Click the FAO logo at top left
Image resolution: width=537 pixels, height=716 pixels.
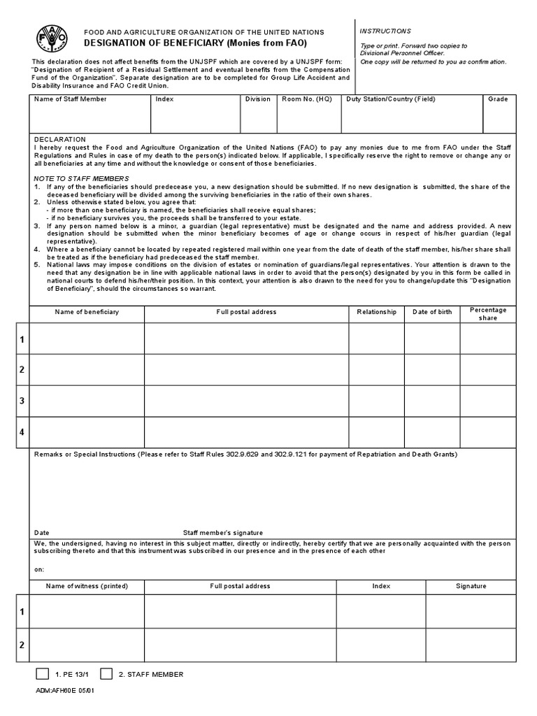click(x=49, y=38)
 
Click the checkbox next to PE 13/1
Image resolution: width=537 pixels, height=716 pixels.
click(x=42, y=674)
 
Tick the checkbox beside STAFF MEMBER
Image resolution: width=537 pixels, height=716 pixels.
click(x=106, y=674)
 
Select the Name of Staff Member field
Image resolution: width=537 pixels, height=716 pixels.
click(x=90, y=118)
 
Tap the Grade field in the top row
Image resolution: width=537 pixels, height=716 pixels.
click(x=499, y=118)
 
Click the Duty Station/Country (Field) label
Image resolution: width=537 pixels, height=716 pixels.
click(x=390, y=99)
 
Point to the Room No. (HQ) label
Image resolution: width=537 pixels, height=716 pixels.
click(x=306, y=99)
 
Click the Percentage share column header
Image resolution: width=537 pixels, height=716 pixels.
click(x=487, y=314)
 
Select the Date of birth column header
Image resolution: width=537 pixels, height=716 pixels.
click(x=432, y=312)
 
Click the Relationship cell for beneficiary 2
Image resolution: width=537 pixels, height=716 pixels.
click(x=376, y=369)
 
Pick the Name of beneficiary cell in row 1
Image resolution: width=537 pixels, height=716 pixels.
click(x=87, y=339)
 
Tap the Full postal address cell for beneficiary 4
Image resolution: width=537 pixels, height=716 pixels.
click(x=246, y=431)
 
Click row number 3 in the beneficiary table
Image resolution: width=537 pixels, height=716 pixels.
click(x=22, y=401)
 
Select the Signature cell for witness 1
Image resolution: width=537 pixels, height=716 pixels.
click(x=471, y=612)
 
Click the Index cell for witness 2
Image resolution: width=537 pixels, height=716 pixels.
click(x=381, y=644)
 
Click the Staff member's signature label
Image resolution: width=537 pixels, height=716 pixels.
click(x=223, y=532)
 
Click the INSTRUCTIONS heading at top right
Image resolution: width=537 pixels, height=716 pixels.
click(x=385, y=31)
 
